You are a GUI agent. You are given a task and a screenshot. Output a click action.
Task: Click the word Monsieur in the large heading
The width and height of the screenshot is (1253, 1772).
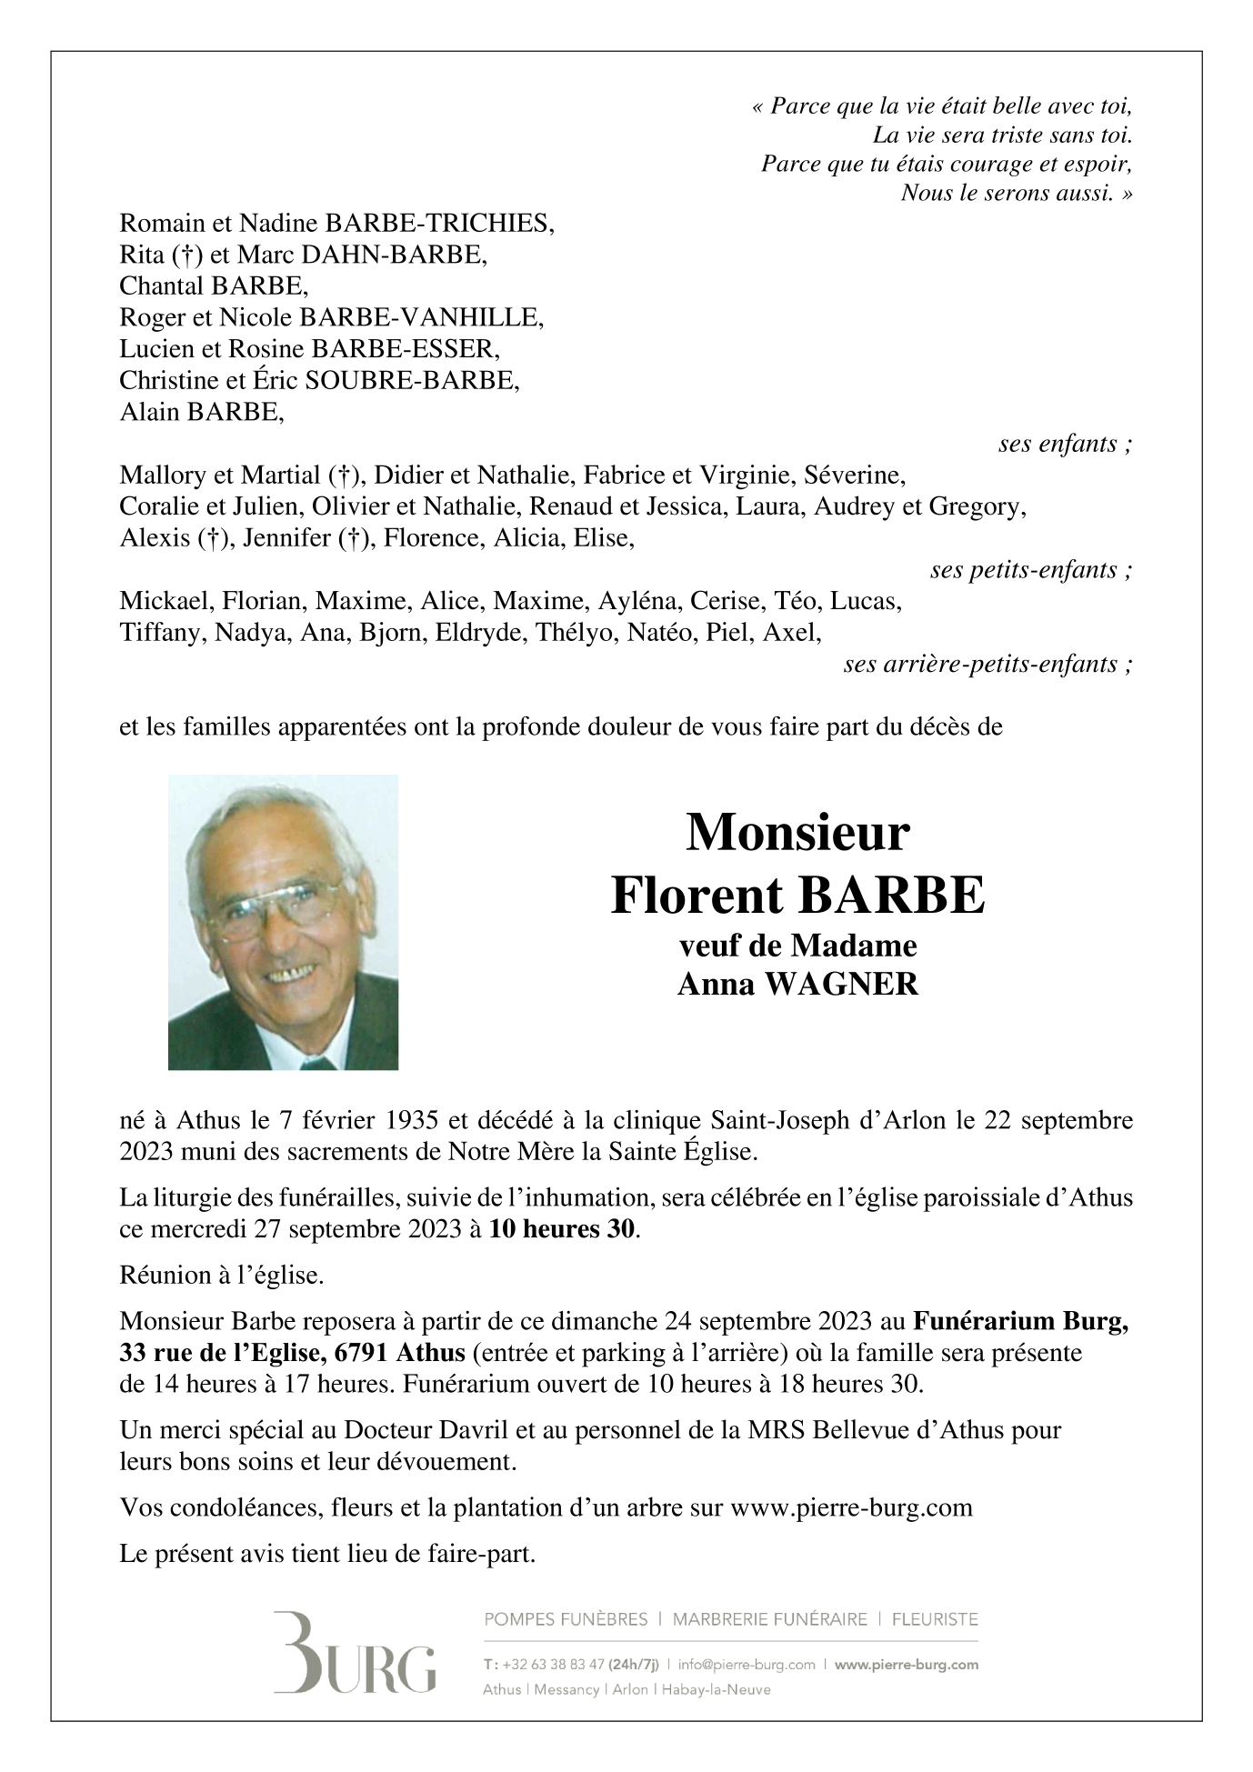(797, 831)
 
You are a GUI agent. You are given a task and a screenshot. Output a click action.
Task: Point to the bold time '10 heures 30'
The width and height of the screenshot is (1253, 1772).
(563, 1230)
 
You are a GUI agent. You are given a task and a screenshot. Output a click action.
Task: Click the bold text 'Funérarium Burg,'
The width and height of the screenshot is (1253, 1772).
(1021, 1320)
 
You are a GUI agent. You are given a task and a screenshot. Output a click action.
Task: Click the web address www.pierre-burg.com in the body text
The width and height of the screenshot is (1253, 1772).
(851, 1507)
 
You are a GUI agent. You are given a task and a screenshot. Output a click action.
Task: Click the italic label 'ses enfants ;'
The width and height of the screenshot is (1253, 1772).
(1065, 445)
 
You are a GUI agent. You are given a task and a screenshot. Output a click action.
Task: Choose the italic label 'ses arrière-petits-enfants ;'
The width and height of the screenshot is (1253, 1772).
(987, 665)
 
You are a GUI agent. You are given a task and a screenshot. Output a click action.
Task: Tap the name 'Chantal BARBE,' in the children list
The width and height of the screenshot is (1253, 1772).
(214, 286)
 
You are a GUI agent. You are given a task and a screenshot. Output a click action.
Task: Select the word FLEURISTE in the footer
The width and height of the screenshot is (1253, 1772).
(935, 1619)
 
